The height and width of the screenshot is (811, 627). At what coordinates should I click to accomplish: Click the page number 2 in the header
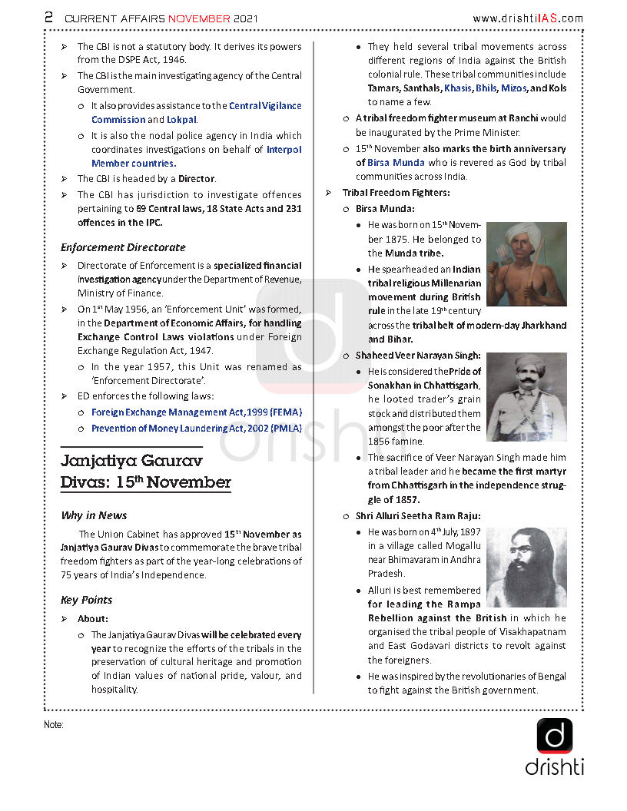pos(48,17)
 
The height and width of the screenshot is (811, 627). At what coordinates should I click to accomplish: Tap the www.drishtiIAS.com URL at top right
pos(527,18)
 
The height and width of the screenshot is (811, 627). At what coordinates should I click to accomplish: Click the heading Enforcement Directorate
pos(123,247)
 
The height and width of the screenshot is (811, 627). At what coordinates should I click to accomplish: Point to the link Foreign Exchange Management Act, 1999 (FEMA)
pos(196,412)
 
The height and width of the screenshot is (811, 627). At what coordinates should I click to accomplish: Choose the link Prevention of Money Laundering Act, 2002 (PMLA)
pos(196,429)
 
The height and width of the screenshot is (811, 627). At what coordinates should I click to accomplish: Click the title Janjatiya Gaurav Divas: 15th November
pos(145,472)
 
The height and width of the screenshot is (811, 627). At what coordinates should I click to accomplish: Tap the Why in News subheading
pos(94,515)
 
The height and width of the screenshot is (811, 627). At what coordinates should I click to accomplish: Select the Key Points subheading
pos(86,600)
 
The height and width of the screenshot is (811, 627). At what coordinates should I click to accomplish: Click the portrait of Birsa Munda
pos(526,264)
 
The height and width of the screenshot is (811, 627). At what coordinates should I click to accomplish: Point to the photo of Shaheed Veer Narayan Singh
pos(526,397)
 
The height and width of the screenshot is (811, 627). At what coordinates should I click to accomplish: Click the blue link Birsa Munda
pos(396,163)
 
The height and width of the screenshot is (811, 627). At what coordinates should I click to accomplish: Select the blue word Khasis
pos(458,88)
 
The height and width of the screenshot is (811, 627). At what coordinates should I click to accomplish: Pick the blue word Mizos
pos(513,88)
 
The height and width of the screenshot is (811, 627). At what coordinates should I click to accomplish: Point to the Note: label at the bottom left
pos(54,724)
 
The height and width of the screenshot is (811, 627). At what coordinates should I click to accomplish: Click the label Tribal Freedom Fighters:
pos(396,193)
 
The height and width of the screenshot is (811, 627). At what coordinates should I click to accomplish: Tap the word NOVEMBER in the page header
pos(199,18)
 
